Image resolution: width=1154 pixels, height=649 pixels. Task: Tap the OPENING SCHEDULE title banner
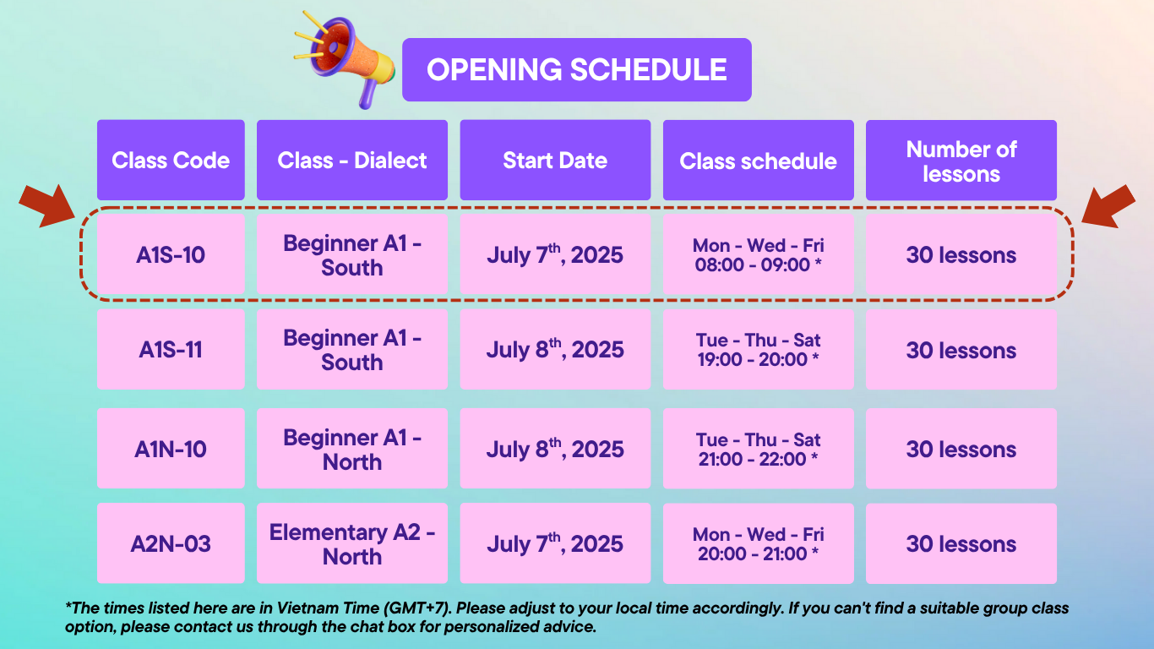pos(576,69)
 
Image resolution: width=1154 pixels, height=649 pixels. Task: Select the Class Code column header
pos(171,160)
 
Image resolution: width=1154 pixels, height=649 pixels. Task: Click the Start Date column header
pos(555,160)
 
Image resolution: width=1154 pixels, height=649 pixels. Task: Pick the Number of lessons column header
pos(961,160)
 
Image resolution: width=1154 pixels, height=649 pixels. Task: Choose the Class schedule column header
pos(758,160)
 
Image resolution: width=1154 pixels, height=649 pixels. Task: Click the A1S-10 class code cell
pos(171,254)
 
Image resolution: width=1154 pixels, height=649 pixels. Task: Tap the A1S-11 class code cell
pos(171,349)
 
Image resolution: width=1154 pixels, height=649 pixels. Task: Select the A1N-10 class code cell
pos(171,449)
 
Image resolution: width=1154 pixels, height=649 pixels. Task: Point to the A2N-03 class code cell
pos(171,543)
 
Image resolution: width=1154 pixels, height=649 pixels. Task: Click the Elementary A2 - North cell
pos(352,543)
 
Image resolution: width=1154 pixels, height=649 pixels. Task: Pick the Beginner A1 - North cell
pos(352,449)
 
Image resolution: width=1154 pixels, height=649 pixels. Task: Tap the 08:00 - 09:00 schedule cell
pos(758,254)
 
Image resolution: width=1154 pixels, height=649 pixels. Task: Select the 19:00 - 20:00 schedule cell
pos(758,349)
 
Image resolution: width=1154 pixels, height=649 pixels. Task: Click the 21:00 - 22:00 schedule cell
pos(758,449)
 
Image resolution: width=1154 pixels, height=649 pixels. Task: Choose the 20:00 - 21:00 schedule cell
pos(758,543)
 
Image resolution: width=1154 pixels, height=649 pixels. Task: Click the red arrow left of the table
pos(47,206)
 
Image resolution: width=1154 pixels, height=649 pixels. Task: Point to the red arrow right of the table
pos(1108,206)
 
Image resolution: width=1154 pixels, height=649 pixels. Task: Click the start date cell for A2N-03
pos(555,543)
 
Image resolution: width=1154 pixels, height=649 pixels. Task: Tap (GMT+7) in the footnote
pos(417,608)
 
